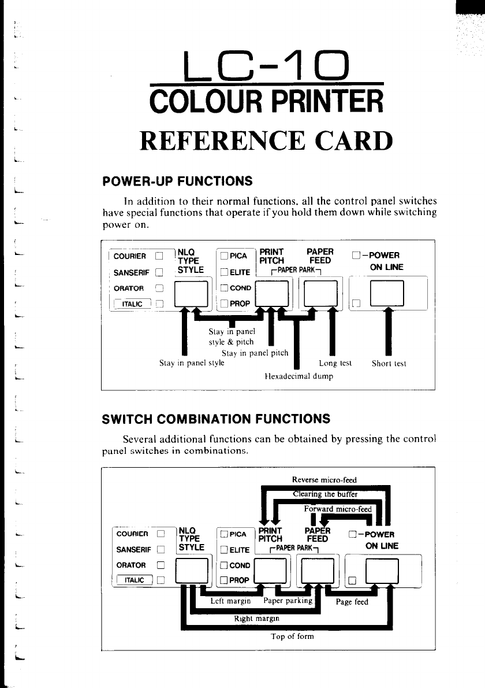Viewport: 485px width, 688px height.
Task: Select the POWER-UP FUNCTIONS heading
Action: coord(178,182)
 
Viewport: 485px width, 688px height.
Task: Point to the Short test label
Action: coord(389,364)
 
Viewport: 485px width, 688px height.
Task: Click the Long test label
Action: coord(335,364)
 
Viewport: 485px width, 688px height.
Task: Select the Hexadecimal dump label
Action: coord(299,376)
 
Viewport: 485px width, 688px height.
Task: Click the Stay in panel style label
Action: coord(192,364)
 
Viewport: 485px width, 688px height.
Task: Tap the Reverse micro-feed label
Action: coord(324,480)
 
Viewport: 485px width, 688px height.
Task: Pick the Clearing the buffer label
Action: coord(326,494)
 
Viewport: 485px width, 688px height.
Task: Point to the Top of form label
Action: coord(293,637)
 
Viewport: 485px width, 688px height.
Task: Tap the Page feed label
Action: coord(352,602)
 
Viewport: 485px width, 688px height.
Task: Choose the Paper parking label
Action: coord(287,601)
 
